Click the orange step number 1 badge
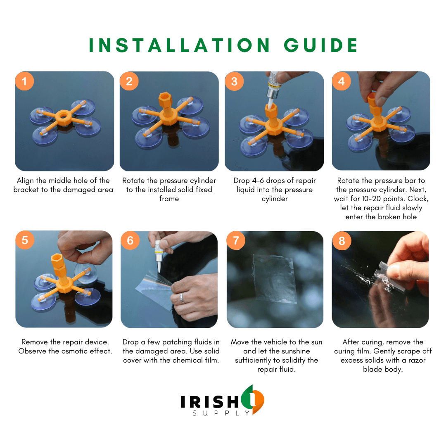[24, 81]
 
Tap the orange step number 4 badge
[342, 81]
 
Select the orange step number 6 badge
[130, 240]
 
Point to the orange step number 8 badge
[342, 241]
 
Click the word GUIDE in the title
[321, 45]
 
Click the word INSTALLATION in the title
[179, 45]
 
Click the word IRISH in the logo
[210, 402]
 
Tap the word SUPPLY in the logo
[221, 413]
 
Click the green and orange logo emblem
[253, 399]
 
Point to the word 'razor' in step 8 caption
[417, 361]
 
